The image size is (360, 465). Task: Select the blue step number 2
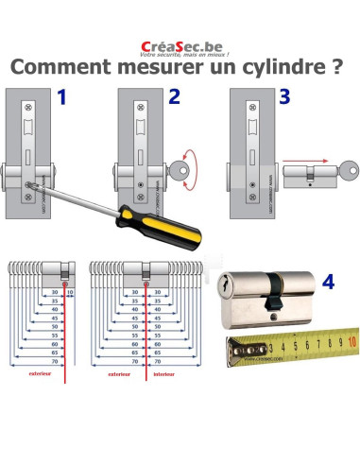click(174, 97)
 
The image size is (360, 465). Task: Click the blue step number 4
click(327, 281)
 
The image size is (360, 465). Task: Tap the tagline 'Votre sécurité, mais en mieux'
click(180, 55)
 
